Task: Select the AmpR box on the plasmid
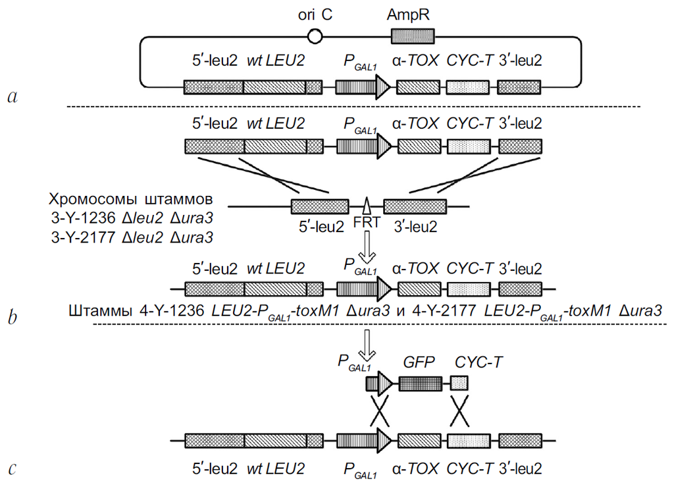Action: (413, 36)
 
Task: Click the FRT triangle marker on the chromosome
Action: (367, 204)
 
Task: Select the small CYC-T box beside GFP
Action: (459, 383)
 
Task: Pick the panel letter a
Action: (12, 97)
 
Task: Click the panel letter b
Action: (12, 317)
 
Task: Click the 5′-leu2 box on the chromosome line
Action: (320, 206)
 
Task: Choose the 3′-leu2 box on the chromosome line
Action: (415, 206)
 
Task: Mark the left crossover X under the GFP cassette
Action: (380, 411)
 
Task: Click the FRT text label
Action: (366, 222)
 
